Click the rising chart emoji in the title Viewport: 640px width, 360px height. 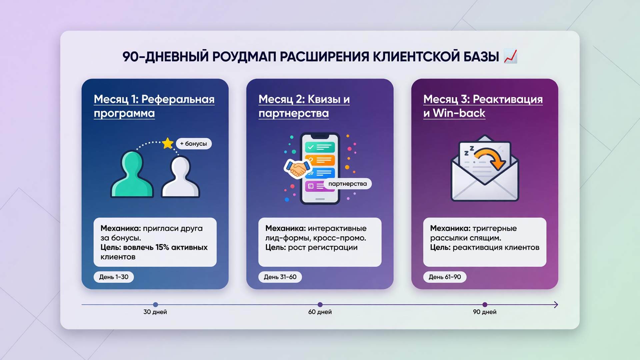(x=510, y=56)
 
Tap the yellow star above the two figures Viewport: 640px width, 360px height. (x=168, y=143)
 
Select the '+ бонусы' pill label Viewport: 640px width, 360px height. (x=194, y=144)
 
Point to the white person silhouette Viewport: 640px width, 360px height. (x=180, y=177)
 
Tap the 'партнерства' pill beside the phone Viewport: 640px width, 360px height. (x=347, y=184)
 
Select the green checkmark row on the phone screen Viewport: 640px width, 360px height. (x=320, y=147)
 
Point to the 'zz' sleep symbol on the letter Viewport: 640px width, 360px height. (x=469, y=151)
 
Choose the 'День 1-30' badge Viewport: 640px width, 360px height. (x=114, y=277)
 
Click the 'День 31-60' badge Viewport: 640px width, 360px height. (x=280, y=277)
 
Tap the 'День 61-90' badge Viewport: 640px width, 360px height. (x=445, y=277)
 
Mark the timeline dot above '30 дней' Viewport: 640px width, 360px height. (x=155, y=305)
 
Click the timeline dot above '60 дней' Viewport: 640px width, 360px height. (x=320, y=305)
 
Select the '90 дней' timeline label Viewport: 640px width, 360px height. (x=485, y=312)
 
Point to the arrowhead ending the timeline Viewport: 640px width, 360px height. (x=556, y=305)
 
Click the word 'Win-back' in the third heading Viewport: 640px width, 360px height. (x=459, y=113)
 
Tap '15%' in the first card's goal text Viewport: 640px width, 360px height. (x=162, y=247)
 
